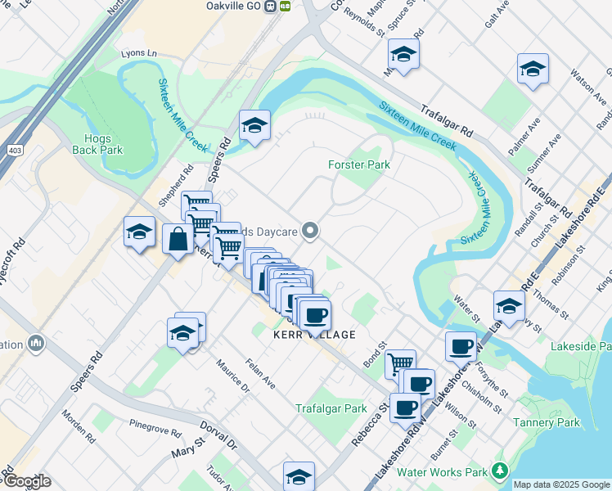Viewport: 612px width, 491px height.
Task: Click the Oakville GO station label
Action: (x=240, y=5)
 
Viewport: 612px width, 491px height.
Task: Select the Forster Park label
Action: (x=358, y=164)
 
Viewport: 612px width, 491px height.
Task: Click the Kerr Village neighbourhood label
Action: (x=315, y=335)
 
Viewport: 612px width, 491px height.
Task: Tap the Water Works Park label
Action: (x=441, y=472)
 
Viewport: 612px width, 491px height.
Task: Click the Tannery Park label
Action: (x=546, y=423)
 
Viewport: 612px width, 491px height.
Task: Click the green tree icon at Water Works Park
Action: (x=499, y=471)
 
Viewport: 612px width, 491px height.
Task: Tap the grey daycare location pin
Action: (x=309, y=232)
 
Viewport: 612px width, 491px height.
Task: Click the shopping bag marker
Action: (x=178, y=240)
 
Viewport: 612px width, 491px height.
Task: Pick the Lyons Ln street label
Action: (x=138, y=53)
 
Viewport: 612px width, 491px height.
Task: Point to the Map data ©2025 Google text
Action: (x=561, y=484)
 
